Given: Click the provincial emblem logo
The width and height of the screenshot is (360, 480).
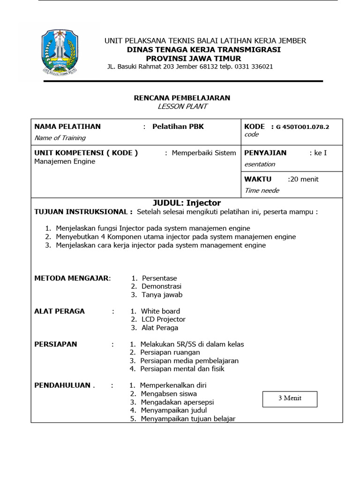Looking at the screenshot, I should (60, 52).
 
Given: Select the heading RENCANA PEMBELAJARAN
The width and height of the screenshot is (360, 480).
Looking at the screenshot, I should (182, 98).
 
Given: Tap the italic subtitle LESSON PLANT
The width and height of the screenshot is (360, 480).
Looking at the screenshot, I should (182, 106).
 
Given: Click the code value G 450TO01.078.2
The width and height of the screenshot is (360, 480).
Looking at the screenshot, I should (302, 127).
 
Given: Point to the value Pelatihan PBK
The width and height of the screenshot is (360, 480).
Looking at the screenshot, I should (178, 127).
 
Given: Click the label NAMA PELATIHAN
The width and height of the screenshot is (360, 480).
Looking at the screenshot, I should (67, 127).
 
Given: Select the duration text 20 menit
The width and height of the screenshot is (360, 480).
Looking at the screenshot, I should (304, 179).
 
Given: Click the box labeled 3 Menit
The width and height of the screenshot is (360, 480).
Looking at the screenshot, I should (290, 398).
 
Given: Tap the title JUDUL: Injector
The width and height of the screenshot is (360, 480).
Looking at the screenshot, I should (187, 203).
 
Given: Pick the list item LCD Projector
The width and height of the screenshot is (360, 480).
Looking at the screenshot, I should (164, 319).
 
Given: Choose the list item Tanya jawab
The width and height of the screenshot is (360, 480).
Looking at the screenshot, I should (162, 295).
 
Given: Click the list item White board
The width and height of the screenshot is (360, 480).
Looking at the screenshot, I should (161, 311).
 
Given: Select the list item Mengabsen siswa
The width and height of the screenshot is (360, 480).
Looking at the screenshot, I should (169, 394).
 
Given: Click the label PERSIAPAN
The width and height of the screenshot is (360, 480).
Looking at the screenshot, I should (56, 344).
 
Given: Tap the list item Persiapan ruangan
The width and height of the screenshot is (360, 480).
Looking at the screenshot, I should (170, 352).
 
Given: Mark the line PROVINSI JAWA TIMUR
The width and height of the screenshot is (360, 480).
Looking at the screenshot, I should (194, 59).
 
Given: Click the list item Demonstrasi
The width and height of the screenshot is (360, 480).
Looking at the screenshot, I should (162, 286).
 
